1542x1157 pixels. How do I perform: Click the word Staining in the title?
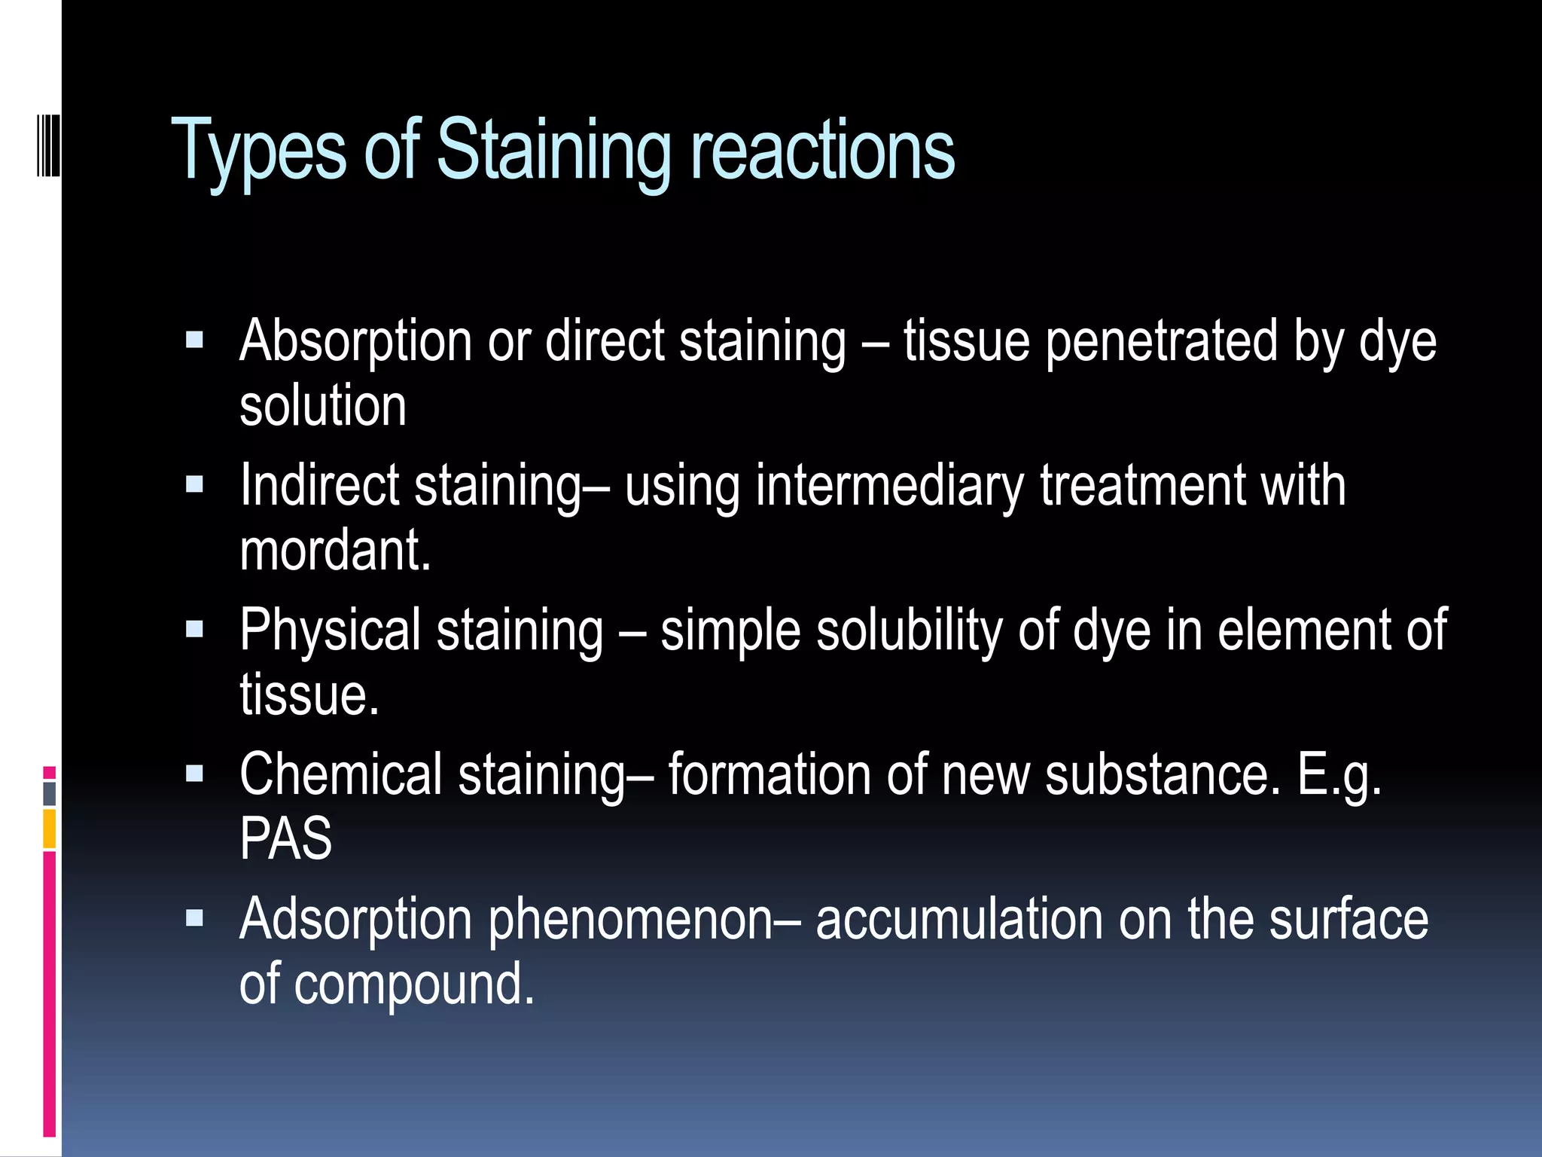[x=553, y=151]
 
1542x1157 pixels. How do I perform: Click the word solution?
[x=323, y=406]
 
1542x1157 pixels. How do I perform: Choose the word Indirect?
[x=319, y=485]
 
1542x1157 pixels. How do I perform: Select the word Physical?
[x=331, y=630]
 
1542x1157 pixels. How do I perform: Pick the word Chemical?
[x=341, y=774]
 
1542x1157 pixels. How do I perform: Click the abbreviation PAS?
[x=285, y=838]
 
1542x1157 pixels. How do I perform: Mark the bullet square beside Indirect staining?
[x=195, y=484]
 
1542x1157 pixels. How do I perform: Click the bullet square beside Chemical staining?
[x=195, y=774]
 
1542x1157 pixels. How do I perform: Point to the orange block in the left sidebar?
[x=50, y=829]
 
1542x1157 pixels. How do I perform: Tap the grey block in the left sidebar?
[x=50, y=794]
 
